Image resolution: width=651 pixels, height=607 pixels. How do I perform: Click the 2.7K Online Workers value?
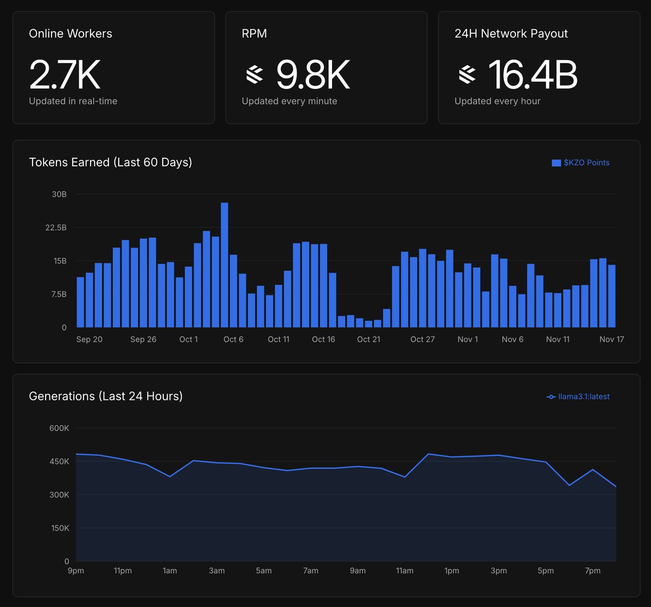(65, 75)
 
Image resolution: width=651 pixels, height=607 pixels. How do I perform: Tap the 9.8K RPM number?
(312, 75)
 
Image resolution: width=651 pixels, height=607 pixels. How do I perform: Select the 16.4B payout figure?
(533, 75)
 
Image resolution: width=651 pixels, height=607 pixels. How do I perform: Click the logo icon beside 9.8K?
(254, 75)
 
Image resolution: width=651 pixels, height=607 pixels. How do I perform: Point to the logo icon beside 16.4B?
(467, 75)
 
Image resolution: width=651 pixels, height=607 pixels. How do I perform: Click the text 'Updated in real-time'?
(73, 101)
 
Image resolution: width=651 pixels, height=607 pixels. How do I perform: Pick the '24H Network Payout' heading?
(511, 34)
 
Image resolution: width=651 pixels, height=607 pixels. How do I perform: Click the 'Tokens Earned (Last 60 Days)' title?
(110, 162)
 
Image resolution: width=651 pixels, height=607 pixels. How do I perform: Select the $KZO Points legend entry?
(580, 163)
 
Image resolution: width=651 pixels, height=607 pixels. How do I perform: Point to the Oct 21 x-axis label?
(368, 339)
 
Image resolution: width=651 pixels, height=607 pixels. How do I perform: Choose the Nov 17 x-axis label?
(611, 339)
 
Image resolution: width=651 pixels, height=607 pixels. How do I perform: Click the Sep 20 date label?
(90, 339)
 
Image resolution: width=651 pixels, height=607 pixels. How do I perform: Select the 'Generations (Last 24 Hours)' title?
(106, 396)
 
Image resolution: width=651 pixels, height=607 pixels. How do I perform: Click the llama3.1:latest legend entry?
(578, 397)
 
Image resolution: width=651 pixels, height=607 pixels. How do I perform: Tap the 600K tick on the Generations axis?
(59, 428)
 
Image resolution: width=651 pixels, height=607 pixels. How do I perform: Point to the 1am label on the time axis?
(170, 571)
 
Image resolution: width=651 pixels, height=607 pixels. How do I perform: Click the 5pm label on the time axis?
(546, 571)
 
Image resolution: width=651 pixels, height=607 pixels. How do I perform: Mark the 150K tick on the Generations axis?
(59, 528)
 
